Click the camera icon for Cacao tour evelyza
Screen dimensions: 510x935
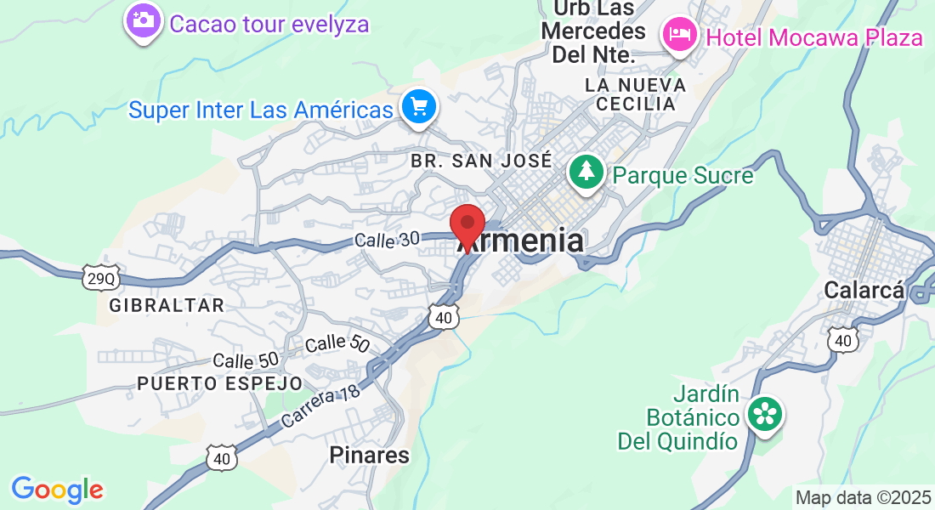(x=143, y=20)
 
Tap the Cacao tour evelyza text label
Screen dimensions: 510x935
(x=269, y=23)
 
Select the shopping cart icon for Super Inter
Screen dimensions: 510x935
(x=419, y=107)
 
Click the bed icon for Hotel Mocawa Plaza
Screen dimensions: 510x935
(x=680, y=35)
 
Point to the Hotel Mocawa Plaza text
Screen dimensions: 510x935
(x=814, y=37)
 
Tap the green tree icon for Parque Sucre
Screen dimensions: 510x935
(x=586, y=173)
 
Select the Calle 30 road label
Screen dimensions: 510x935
(x=388, y=241)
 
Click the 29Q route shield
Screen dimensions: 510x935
(x=99, y=278)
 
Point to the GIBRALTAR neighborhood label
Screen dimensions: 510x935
(x=167, y=305)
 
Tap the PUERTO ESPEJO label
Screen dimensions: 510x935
(x=220, y=383)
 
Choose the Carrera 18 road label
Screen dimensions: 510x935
(x=320, y=404)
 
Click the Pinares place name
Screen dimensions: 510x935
(x=369, y=456)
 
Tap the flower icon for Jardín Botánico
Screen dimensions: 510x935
(x=765, y=415)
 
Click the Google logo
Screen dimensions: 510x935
(x=58, y=490)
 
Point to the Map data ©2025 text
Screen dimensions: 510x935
(x=862, y=497)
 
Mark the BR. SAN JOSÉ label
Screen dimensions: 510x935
(x=482, y=160)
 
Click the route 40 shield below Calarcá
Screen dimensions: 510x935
(x=842, y=340)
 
